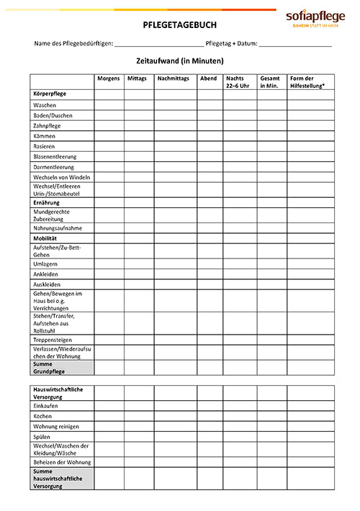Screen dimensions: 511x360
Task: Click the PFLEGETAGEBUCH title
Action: coord(179,24)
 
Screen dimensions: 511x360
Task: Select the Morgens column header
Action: coord(109,78)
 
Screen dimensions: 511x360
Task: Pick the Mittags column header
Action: coord(137,78)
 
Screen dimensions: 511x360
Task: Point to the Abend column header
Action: coord(209,78)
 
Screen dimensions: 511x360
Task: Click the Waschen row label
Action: coord(45,105)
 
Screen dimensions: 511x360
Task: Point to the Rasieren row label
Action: coord(44,146)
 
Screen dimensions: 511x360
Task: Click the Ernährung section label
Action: coord(47,203)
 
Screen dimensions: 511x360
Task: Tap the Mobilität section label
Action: coord(45,238)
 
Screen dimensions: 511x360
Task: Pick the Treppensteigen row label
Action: coord(53,340)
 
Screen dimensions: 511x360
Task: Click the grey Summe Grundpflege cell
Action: coord(62,368)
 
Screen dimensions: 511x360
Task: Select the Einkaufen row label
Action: coord(46,405)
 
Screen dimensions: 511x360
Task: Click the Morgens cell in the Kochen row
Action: coord(109,416)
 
